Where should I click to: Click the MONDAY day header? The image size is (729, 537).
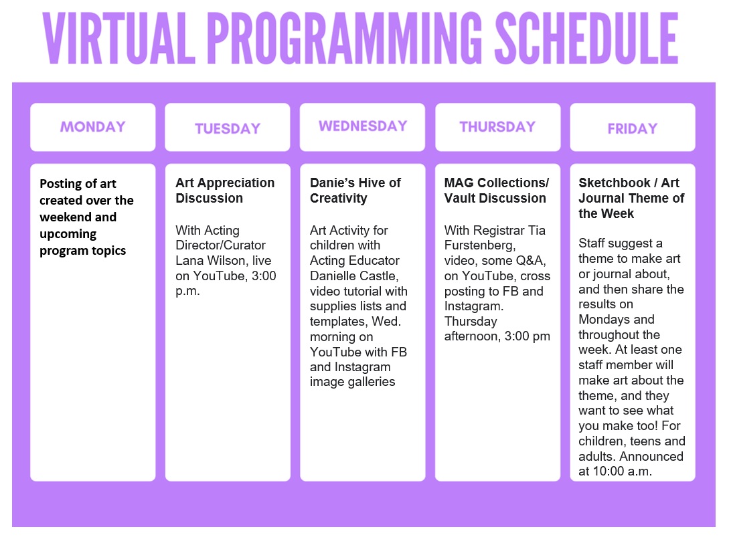(93, 127)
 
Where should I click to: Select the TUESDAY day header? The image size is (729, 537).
(228, 128)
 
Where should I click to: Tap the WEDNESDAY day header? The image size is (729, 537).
(363, 126)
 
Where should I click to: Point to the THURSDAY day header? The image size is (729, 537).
(497, 127)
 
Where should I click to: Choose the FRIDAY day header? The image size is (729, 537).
(633, 128)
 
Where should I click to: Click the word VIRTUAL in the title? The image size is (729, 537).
(119, 38)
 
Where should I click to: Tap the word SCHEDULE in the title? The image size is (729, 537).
(586, 38)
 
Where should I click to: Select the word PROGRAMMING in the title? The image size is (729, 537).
(345, 38)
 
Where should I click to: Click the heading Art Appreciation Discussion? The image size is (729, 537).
(225, 191)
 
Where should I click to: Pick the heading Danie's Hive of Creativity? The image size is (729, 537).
(355, 191)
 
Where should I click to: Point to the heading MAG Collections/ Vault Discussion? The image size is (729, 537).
(497, 191)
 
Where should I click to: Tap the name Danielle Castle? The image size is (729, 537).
(354, 276)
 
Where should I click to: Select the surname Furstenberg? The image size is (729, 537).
(480, 245)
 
